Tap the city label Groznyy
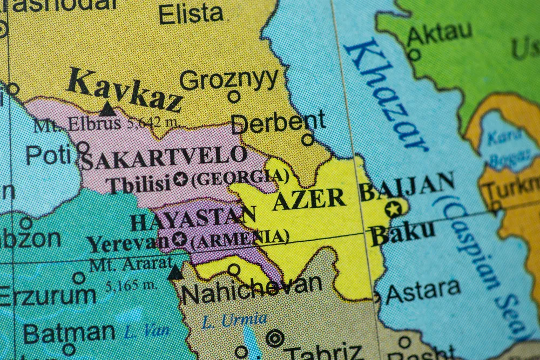228,80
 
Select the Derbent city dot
307,140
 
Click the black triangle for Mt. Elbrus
107,109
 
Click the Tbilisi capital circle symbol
180,179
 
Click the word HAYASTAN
192,219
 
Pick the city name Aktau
439,33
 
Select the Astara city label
423,292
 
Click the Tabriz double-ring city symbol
275,338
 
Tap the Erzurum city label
49,296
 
